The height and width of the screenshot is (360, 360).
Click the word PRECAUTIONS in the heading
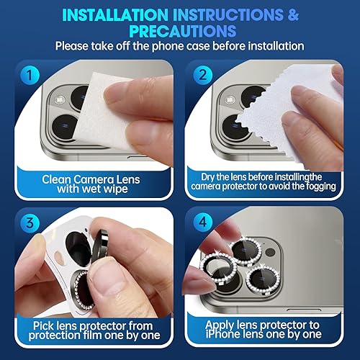pyautogui.click(x=180, y=31)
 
